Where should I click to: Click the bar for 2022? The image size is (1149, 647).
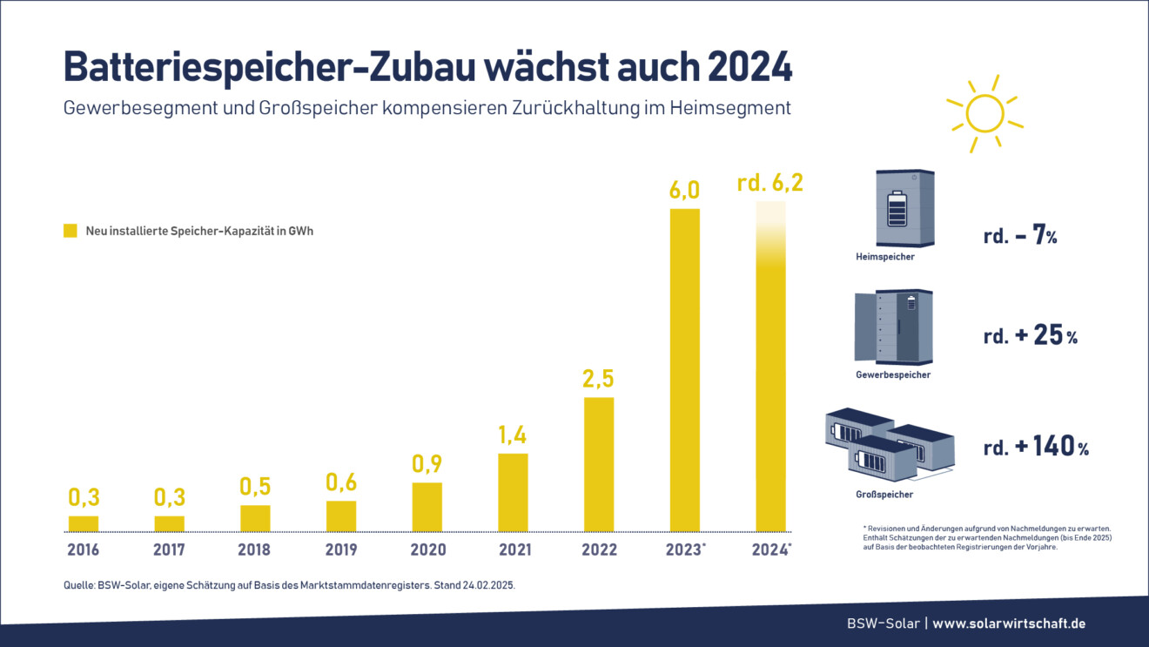(x=598, y=463)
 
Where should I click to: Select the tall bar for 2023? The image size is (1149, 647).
(x=684, y=369)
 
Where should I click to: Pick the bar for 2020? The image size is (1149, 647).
(x=427, y=506)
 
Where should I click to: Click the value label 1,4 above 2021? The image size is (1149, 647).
(x=513, y=433)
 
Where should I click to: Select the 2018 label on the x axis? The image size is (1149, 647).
(x=255, y=549)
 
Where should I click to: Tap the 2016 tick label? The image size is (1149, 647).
(x=84, y=549)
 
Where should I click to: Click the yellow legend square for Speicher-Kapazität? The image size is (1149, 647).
(x=70, y=231)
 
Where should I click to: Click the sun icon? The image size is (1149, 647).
(x=984, y=112)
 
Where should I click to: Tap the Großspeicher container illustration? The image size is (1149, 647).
(x=889, y=444)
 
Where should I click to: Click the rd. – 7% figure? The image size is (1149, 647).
(x=1020, y=235)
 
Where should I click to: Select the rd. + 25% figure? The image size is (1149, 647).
(x=1030, y=336)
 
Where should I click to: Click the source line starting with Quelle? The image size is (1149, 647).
(x=289, y=586)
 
